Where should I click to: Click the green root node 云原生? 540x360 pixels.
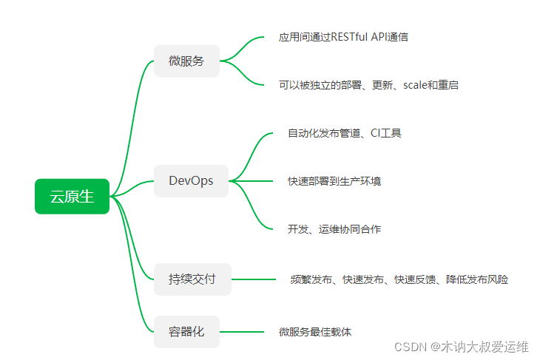(x=72, y=197)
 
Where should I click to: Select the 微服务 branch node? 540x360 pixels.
(x=186, y=61)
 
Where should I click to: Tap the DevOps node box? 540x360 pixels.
(x=191, y=181)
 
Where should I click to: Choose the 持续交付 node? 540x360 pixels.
(x=192, y=279)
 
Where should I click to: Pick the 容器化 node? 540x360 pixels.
(x=186, y=332)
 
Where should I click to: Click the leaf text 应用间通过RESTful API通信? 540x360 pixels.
(x=343, y=37)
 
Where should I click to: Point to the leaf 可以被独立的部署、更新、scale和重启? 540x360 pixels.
(x=368, y=85)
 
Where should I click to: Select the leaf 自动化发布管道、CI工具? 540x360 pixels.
(x=345, y=133)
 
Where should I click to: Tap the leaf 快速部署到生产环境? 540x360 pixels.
(x=334, y=181)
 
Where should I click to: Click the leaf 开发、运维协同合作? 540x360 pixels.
(x=334, y=229)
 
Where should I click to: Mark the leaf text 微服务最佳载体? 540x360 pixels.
(x=315, y=332)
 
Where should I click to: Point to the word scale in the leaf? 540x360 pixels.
(x=416, y=85)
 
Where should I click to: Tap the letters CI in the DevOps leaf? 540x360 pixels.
(x=376, y=133)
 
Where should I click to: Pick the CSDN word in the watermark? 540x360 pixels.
(x=408, y=347)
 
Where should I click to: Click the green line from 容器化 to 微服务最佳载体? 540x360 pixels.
(x=243, y=332)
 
